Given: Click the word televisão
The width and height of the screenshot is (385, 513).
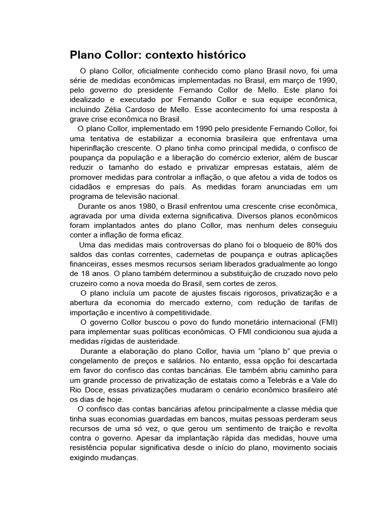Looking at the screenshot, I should (131, 196).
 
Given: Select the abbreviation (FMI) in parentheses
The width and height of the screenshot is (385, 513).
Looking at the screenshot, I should (326, 322).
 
